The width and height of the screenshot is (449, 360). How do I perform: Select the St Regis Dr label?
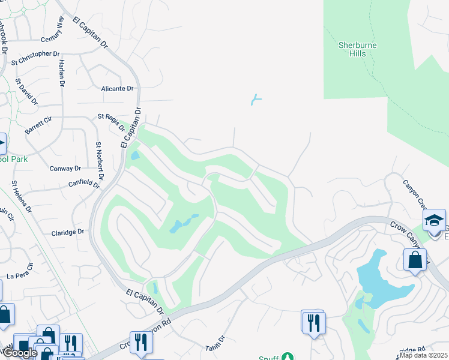(x=112, y=122)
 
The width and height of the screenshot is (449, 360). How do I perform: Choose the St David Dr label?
(x=26, y=92)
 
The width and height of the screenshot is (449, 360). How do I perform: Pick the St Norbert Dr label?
(x=100, y=160)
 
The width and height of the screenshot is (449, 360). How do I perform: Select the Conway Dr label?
(x=66, y=169)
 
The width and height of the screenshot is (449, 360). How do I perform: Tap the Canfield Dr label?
(x=83, y=183)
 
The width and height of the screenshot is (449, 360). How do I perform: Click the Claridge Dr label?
(x=67, y=233)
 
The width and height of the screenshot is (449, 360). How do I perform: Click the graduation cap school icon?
(x=434, y=220)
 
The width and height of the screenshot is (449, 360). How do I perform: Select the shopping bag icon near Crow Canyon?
(x=415, y=260)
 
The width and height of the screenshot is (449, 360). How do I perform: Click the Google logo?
(x=19, y=353)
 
